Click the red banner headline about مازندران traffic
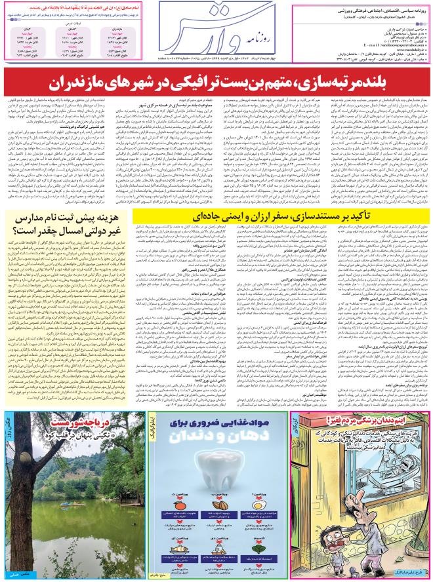pyautogui.click(x=216, y=83)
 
